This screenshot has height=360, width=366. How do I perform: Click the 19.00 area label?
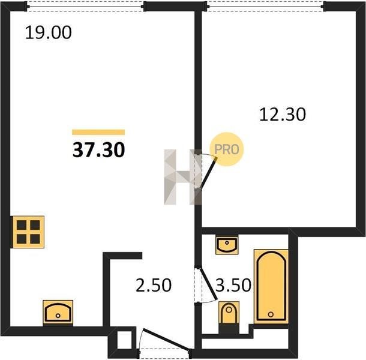point(48,32)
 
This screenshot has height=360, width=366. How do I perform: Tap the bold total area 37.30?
point(99,150)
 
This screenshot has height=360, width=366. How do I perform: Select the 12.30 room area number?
point(283,115)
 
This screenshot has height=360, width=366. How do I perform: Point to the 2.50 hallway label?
point(154,285)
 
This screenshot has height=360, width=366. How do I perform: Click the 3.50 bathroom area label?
point(233,285)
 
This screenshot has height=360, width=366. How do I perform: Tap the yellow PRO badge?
point(226,149)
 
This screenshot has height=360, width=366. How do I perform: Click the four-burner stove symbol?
point(28,232)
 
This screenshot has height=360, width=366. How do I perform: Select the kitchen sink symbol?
point(58,313)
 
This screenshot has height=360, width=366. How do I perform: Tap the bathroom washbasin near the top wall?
point(227,245)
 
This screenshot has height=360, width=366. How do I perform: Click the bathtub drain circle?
point(271,314)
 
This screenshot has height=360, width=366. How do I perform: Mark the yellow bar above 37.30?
point(98,133)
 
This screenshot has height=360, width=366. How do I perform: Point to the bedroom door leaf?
point(208,173)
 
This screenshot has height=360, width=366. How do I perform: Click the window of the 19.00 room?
point(85,7)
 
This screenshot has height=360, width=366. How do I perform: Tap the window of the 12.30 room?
point(265,7)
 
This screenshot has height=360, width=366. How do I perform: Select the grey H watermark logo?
point(182,177)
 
